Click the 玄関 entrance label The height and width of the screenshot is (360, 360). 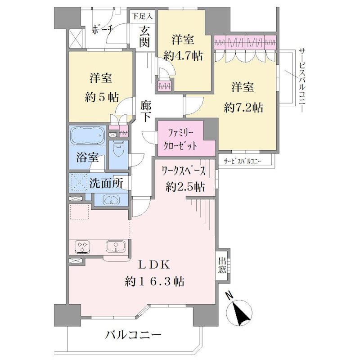(x=144, y=37)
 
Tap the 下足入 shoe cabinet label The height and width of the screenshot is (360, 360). (x=143, y=16)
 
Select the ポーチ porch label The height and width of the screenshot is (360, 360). (x=102, y=30)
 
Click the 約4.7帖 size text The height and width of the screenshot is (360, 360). (x=183, y=55)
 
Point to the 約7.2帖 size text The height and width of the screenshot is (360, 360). (x=243, y=107)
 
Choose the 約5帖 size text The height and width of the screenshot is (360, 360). (x=102, y=97)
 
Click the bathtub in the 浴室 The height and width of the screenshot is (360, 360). (x=87, y=135)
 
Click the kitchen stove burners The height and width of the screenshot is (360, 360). (x=83, y=247)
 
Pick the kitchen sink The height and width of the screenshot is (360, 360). (x=116, y=247)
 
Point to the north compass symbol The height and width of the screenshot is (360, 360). (x=239, y=312)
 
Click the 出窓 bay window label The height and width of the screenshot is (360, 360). (x=222, y=265)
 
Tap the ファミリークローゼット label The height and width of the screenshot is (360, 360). (x=180, y=139)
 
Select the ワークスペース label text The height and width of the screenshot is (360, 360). (x=184, y=171)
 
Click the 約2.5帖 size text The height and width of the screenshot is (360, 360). (x=185, y=187)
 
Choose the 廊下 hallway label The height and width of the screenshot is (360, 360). (x=146, y=112)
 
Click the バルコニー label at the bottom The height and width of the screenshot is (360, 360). (x=133, y=335)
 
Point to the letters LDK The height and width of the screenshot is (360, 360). (x=154, y=265)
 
